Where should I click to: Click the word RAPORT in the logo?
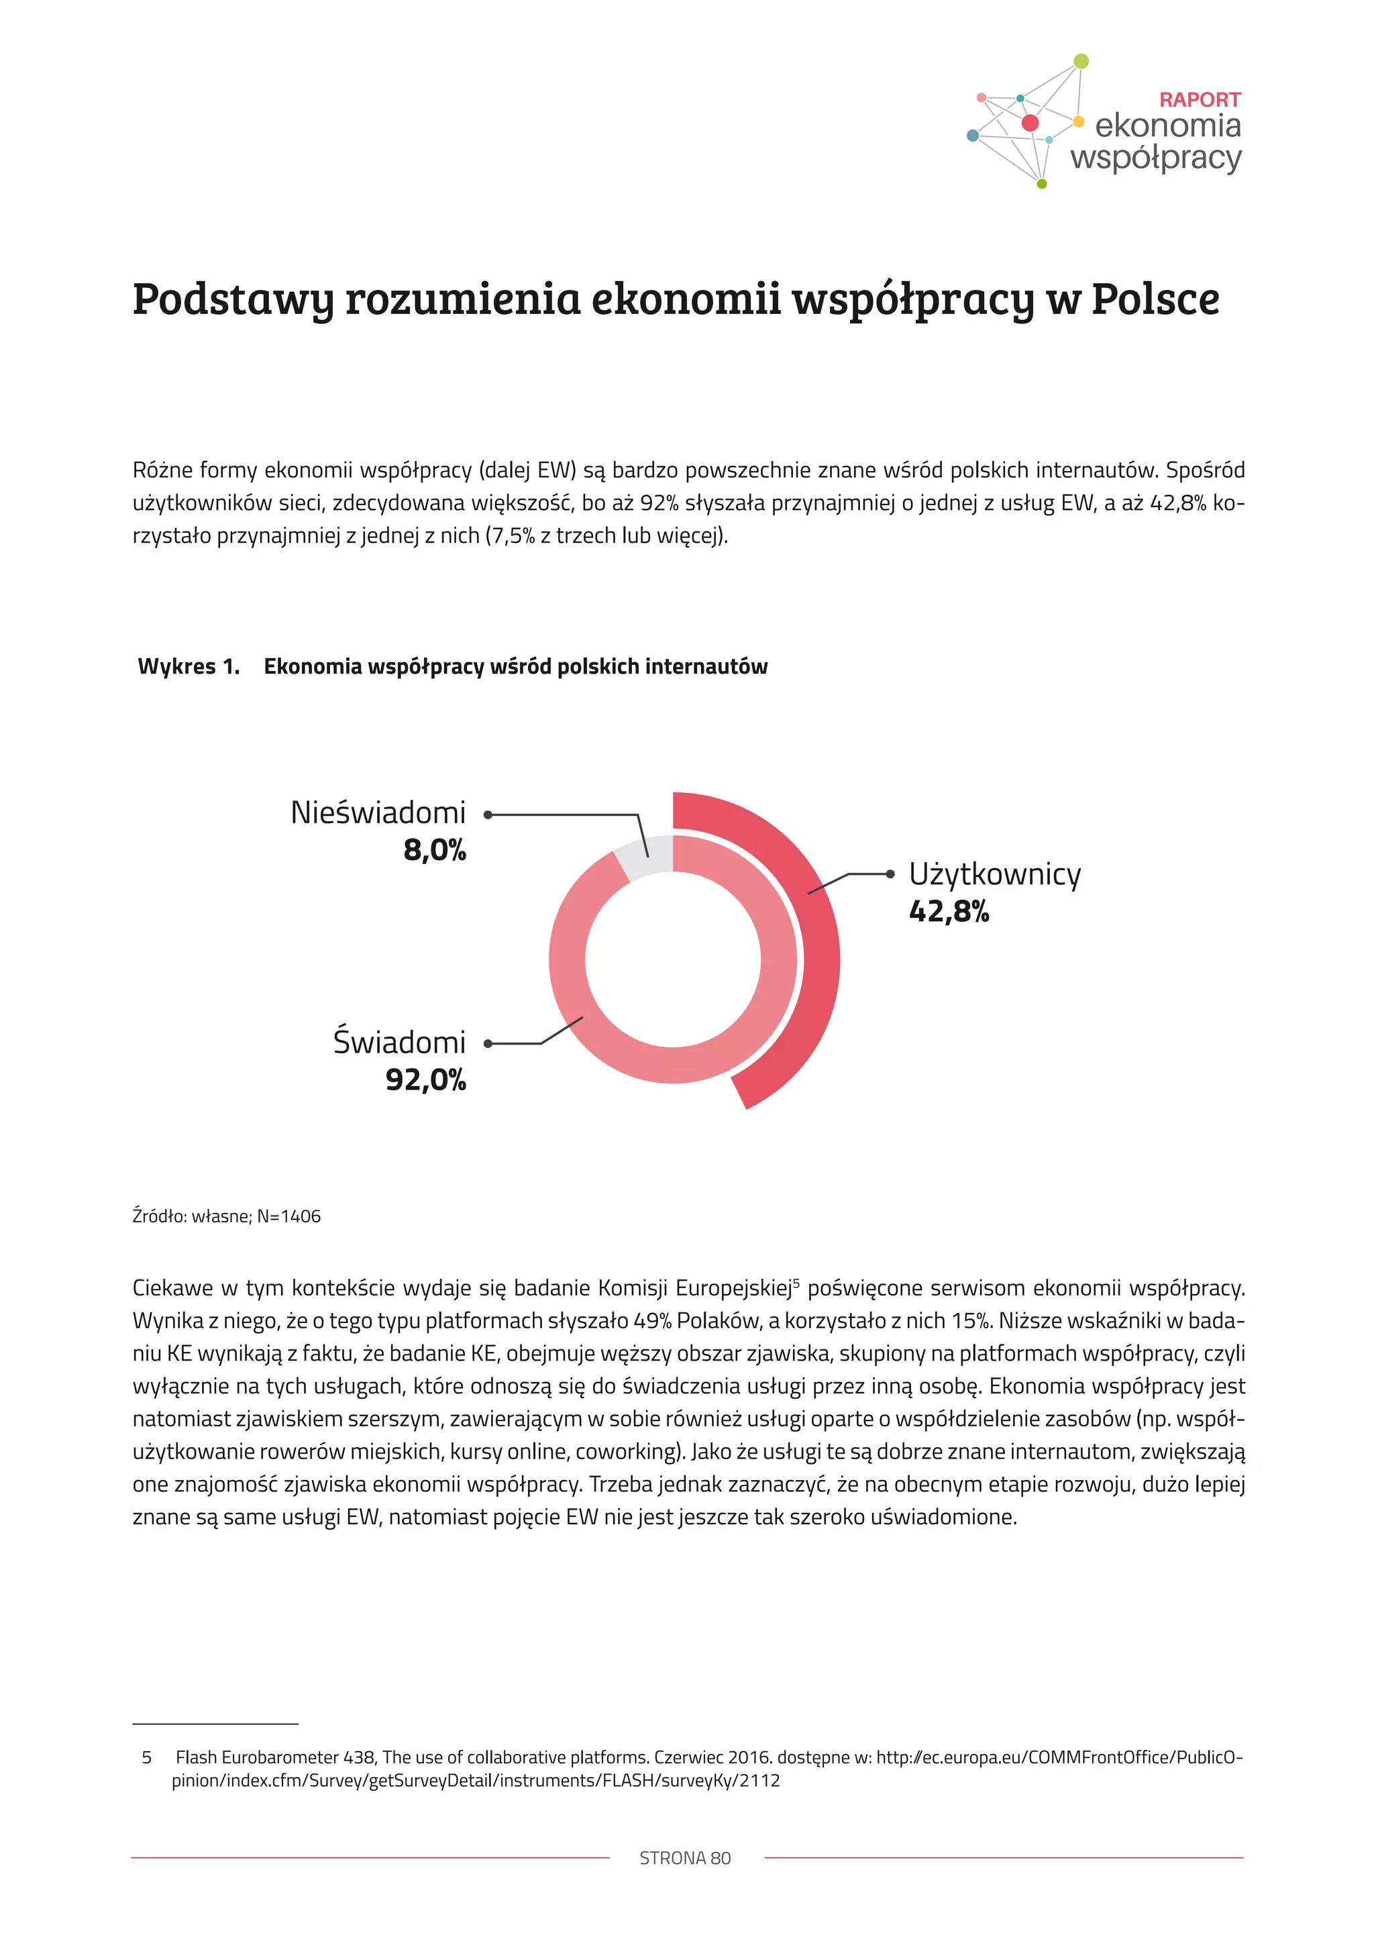point(1199,100)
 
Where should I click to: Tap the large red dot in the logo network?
point(1030,123)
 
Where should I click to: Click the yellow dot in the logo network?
point(1078,121)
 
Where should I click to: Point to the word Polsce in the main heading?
point(1155,300)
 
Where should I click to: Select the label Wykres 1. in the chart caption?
point(189,667)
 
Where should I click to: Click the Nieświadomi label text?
point(378,812)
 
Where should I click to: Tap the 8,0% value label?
point(434,849)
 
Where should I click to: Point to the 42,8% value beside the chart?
point(949,911)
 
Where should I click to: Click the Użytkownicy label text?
point(995,874)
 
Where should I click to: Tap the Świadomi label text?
point(399,1043)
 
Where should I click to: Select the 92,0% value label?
point(425,1080)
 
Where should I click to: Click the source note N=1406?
point(288,1216)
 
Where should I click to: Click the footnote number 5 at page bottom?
point(146,1757)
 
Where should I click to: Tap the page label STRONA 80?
point(685,1858)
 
